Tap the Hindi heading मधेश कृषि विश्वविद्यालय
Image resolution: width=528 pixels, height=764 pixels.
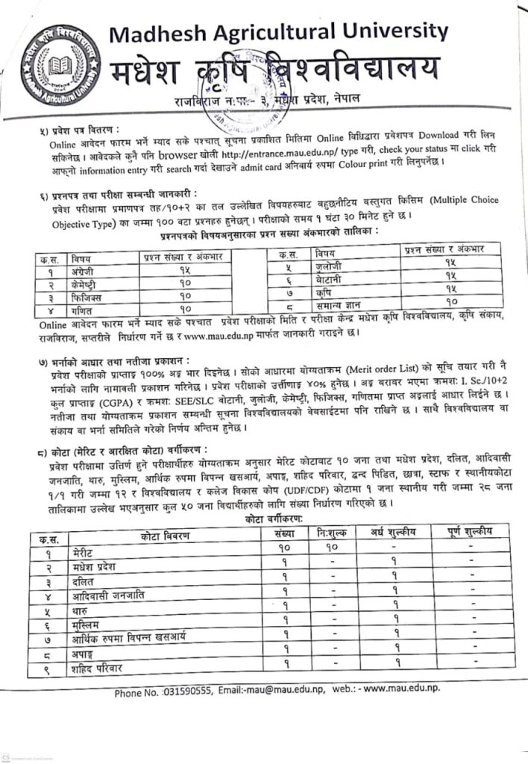click(x=275, y=72)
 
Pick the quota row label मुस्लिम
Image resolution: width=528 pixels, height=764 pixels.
click(x=87, y=622)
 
